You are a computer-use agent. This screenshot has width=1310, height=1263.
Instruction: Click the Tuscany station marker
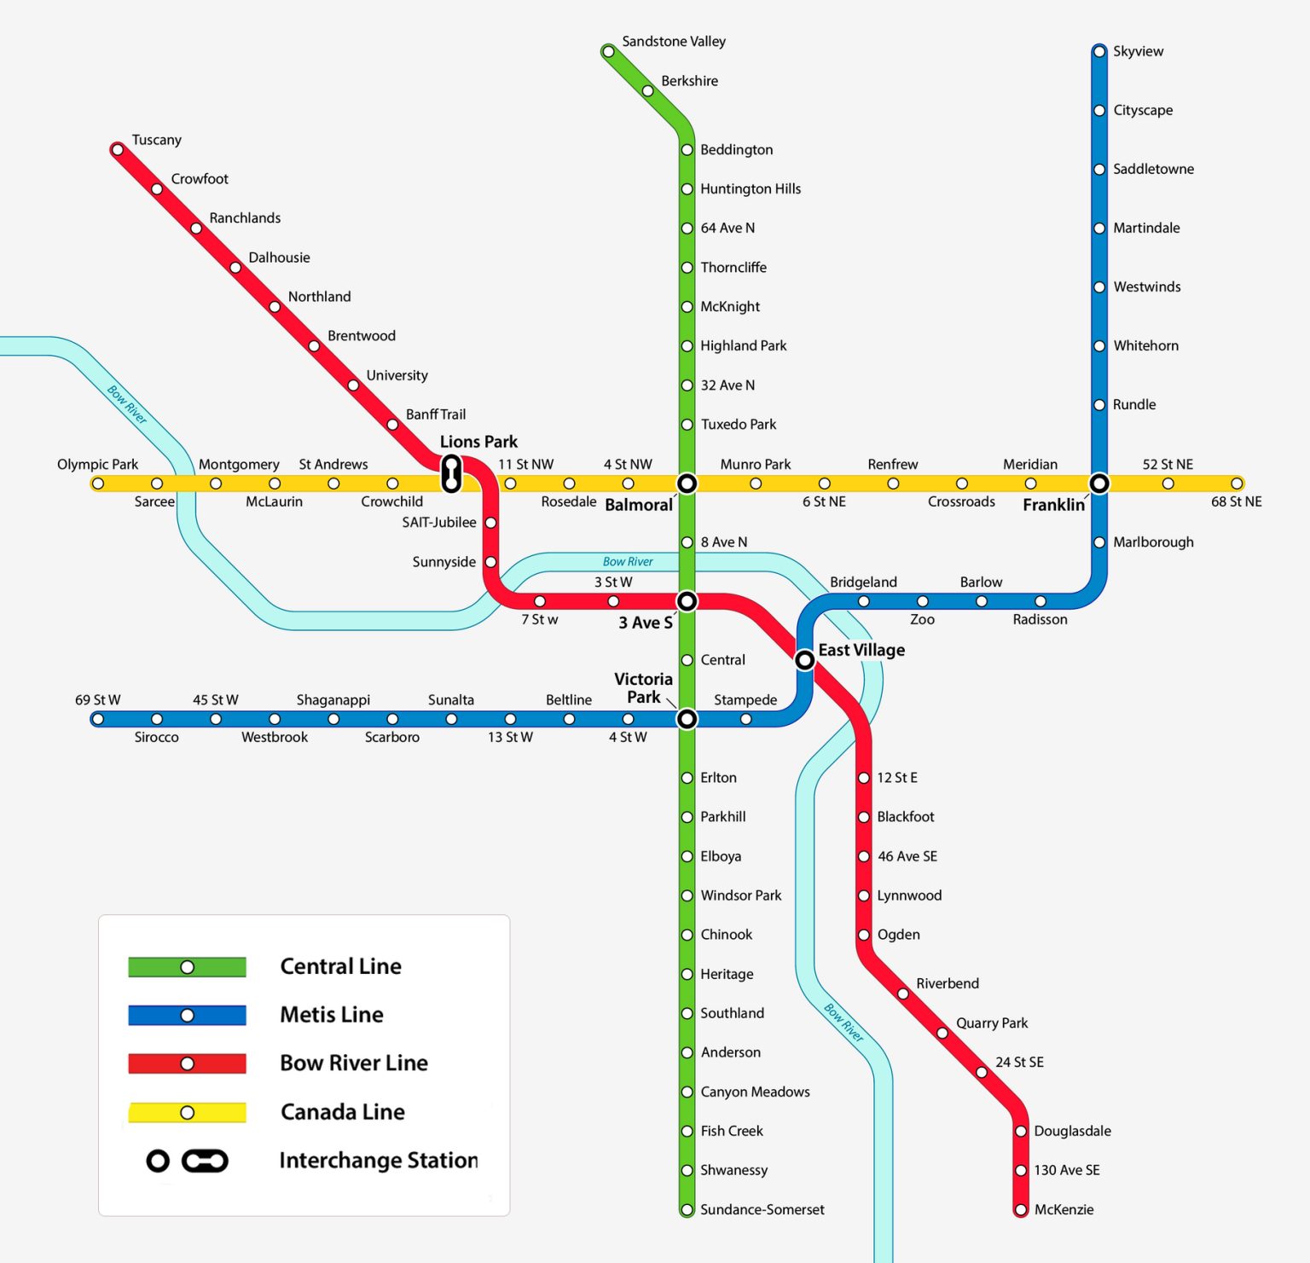118,150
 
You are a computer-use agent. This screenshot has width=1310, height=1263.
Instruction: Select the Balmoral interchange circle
687,484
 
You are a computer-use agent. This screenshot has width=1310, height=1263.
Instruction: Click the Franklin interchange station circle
1099,484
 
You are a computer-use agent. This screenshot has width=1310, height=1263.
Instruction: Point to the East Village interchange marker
804,660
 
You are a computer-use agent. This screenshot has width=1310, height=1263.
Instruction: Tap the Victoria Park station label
644,688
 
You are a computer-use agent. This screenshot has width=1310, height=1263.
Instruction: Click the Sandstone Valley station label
674,42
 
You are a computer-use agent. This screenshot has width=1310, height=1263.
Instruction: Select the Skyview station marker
1099,52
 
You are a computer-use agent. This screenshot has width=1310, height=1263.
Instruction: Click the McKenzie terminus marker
1021,1209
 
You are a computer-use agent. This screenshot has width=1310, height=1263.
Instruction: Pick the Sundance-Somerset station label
762,1209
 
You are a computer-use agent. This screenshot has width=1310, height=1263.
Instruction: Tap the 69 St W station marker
98,719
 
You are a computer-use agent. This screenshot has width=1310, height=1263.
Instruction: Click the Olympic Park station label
97,465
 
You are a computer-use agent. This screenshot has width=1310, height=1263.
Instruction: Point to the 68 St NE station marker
1237,484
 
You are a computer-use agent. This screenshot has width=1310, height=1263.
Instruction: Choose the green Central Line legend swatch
187,967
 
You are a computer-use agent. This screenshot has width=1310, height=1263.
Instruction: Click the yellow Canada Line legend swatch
187,1113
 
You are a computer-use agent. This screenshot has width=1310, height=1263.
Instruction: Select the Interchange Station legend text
379,1161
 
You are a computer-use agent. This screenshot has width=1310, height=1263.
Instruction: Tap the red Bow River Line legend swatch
187,1063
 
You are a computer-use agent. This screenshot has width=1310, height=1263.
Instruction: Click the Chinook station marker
687,935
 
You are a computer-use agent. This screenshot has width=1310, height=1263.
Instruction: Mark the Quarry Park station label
992,1023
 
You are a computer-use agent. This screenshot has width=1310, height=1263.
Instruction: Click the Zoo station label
922,620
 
